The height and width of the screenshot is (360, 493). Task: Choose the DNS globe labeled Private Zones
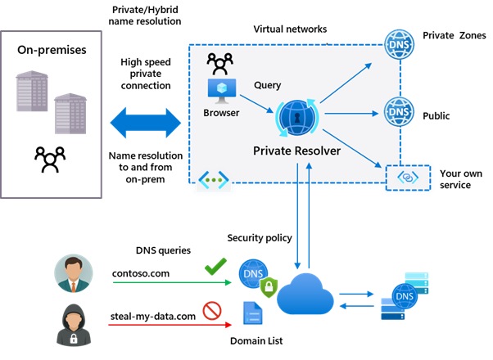398,38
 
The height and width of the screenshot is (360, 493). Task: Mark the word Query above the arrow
268,84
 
